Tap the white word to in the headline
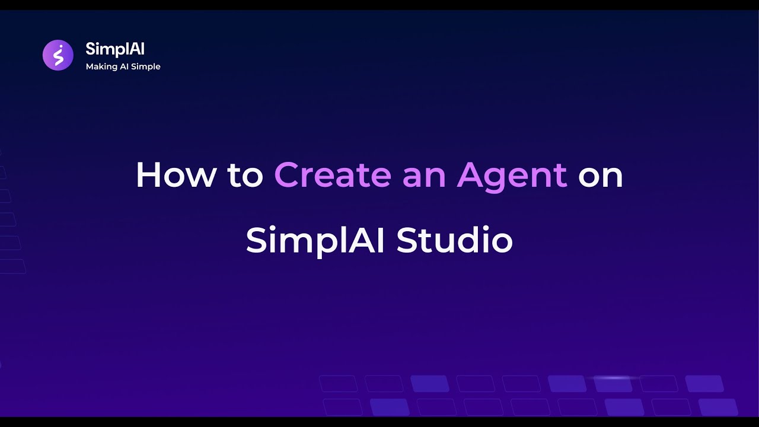coord(244,176)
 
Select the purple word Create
coord(333,176)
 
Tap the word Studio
coord(454,241)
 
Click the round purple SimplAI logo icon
coord(58,55)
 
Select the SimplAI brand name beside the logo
coord(114,49)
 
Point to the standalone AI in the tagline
coord(126,66)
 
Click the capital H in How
coord(148,176)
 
